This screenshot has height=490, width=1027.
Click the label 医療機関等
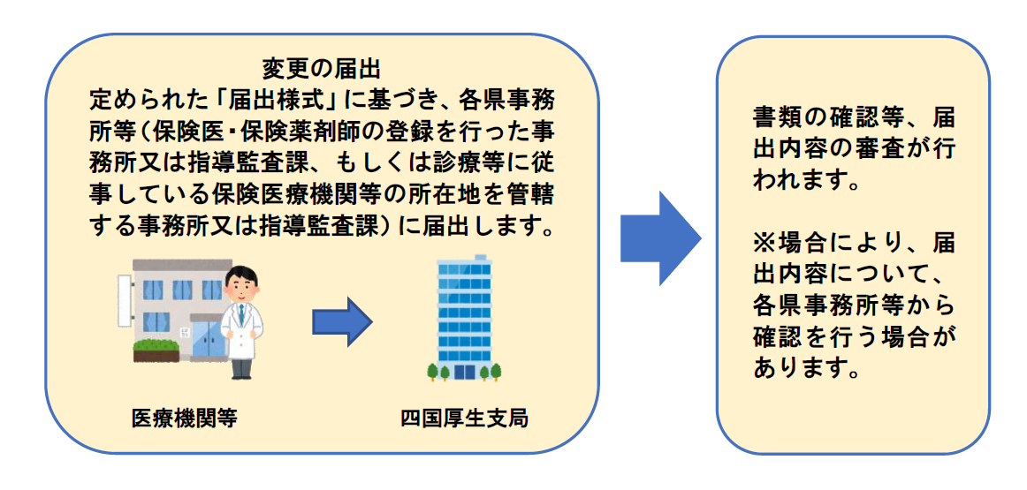coord(185,418)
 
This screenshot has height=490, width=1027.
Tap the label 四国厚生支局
coord(463,418)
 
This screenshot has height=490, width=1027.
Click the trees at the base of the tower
coord(464,372)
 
